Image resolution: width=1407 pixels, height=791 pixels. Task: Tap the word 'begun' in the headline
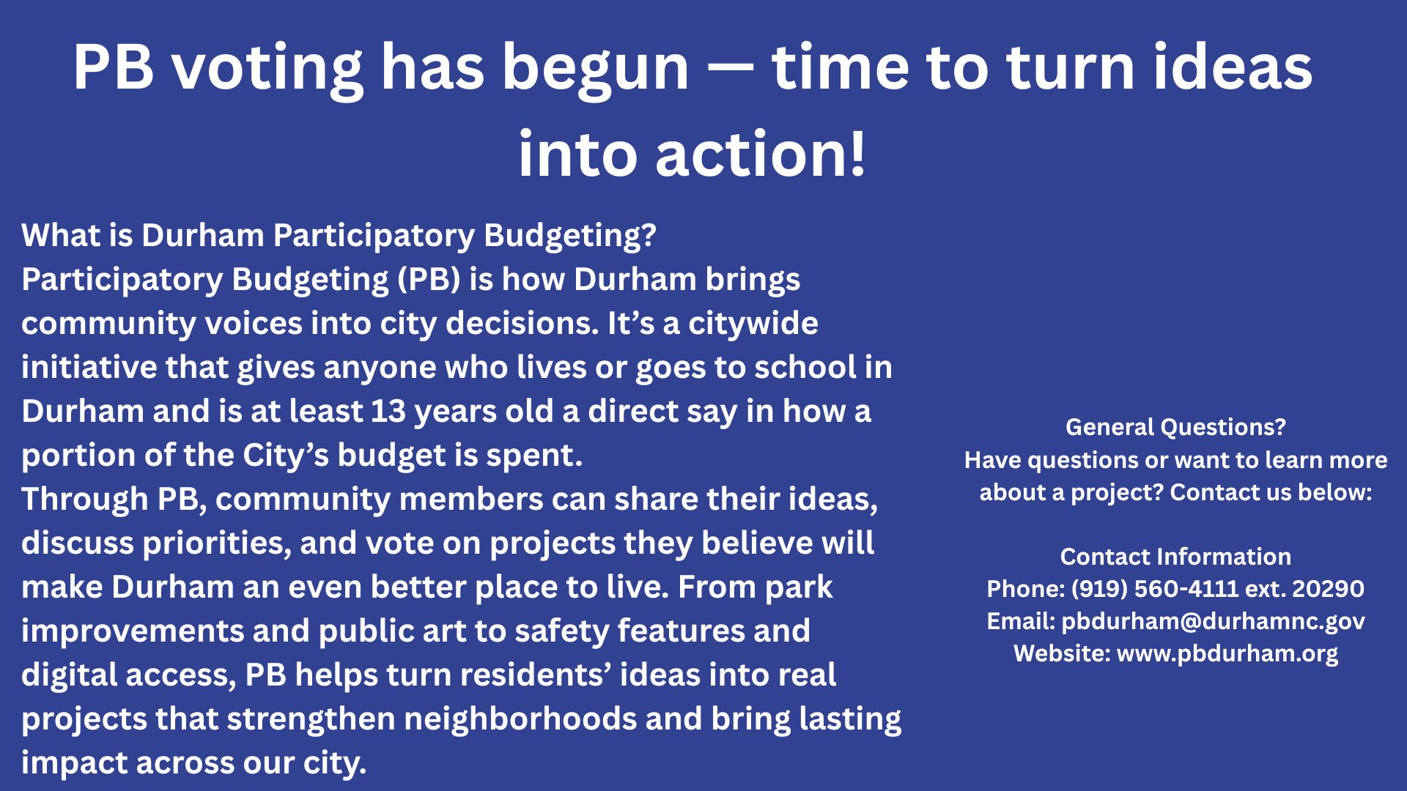pyautogui.click(x=596, y=70)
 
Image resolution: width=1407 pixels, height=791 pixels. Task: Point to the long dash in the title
pyautogui.click(x=731, y=70)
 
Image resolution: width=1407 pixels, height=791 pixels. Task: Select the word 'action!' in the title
pyautogui.click(x=761, y=154)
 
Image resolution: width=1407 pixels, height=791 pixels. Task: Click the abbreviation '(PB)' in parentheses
pyautogui.click(x=429, y=280)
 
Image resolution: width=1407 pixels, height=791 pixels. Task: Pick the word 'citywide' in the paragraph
pyautogui.click(x=753, y=324)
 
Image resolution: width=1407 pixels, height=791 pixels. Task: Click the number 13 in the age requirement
pyautogui.click(x=388, y=412)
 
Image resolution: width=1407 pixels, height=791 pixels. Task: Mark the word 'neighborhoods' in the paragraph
pyautogui.click(x=520, y=718)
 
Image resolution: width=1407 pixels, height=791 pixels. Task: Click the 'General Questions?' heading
pyautogui.click(x=1175, y=426)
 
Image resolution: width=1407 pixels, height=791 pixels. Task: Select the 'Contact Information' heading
pyautogui.click(x=1175, y=556)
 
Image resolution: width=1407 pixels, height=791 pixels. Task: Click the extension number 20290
pyautogui.click(x=1328, y=588)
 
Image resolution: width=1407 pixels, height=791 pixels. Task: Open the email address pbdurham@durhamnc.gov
pyautogui.click(x=1213, y=621)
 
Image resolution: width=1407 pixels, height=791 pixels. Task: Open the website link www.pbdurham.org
pyautogui.click(x=1227, y=653)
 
